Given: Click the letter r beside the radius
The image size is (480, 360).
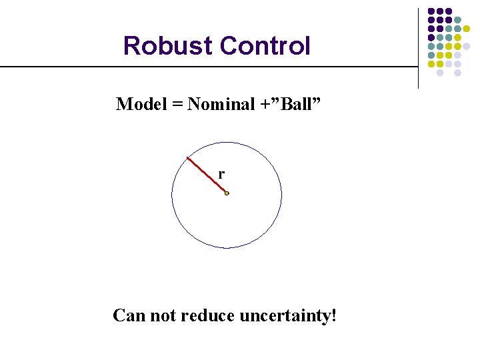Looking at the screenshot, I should [x=221, y=174].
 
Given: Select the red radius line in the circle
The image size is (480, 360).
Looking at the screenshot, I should [x=207, y=175].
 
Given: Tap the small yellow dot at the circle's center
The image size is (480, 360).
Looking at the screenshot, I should [x=227, y=193].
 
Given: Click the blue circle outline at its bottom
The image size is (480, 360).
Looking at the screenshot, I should [x=227, y=248].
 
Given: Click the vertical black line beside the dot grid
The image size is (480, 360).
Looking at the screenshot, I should [x=418, y=47].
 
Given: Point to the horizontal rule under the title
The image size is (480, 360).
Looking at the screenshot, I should [x=200, y=67].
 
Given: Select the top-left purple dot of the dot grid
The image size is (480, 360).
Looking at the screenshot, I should [x=431, y=11].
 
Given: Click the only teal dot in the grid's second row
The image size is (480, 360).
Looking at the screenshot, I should [x=457, y=20].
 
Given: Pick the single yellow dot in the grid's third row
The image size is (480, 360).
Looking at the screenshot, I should [x=466, y=29].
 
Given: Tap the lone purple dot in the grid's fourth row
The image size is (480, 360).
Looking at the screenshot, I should [x=431, y=37].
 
